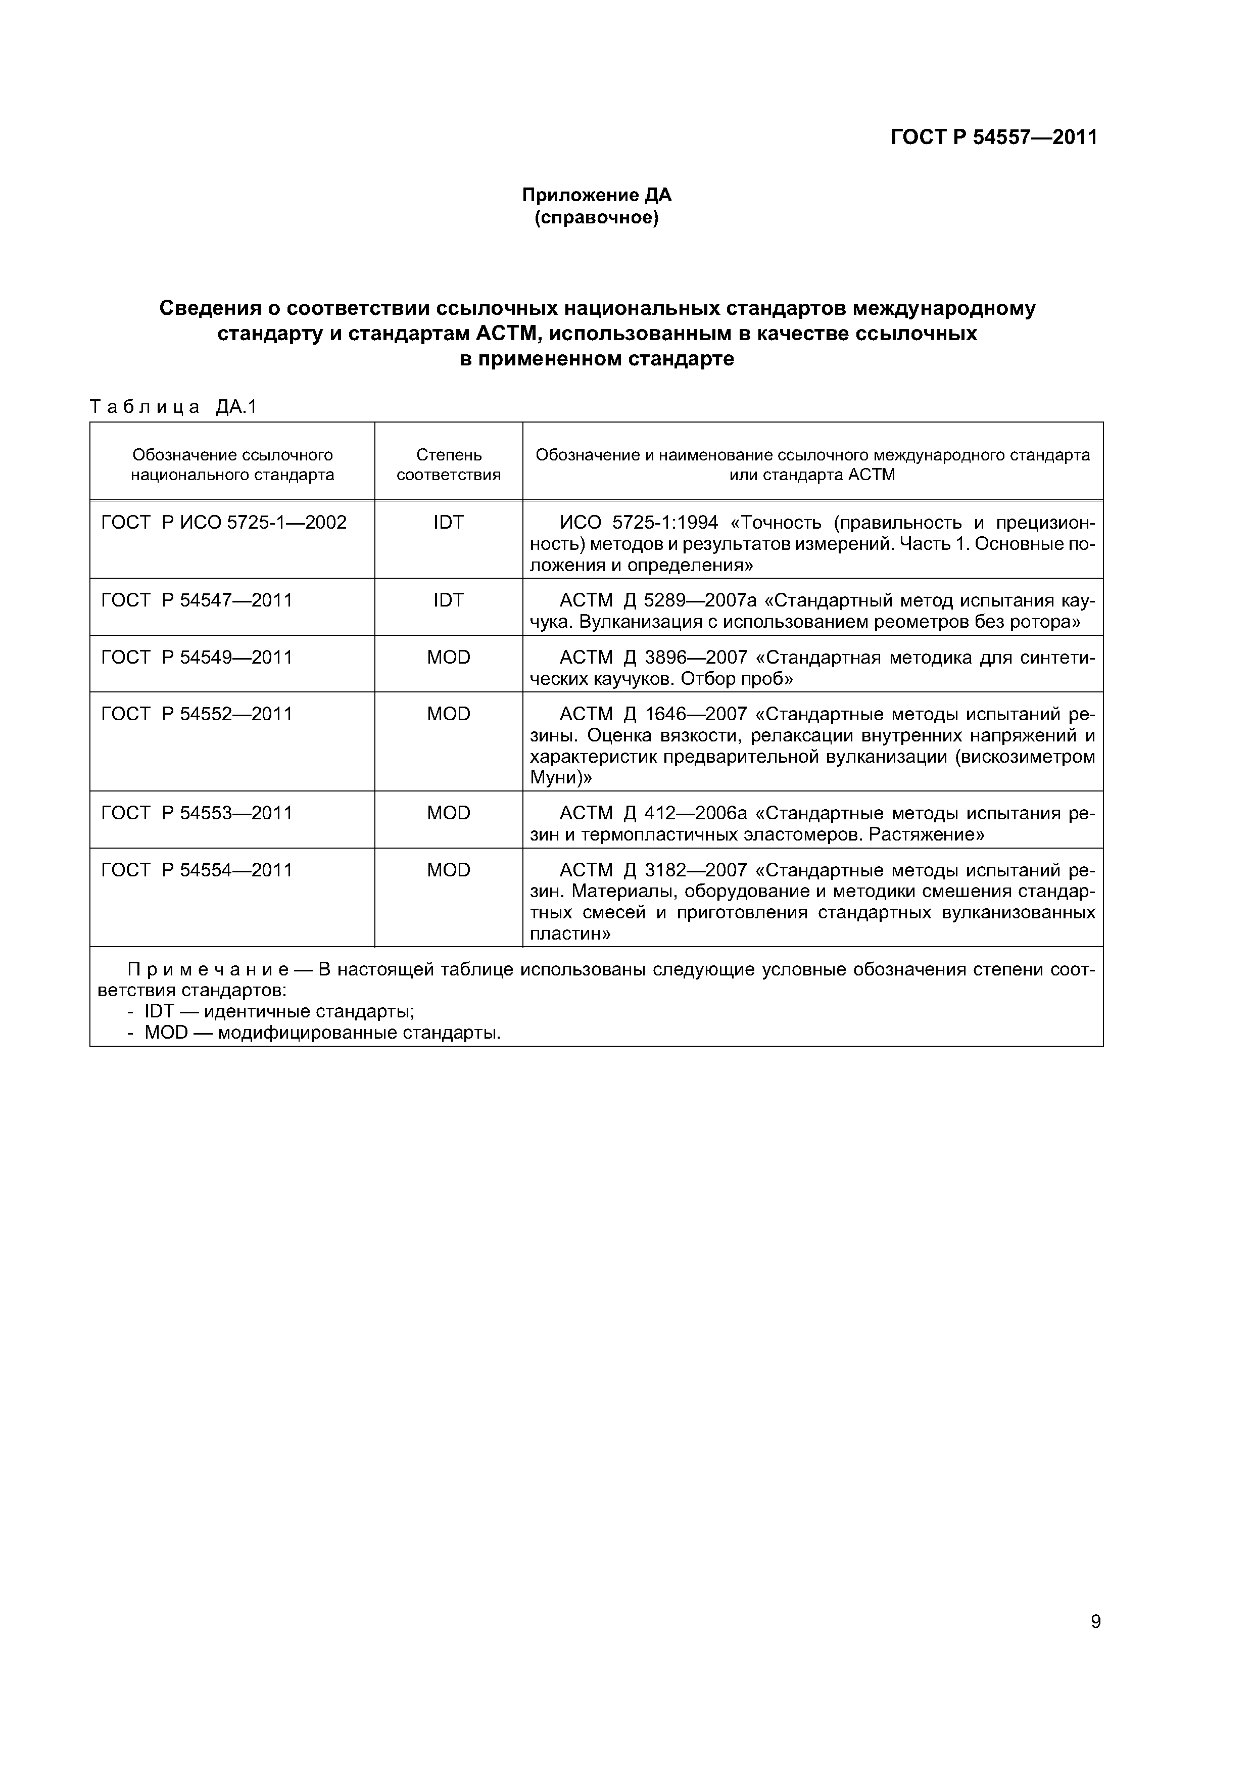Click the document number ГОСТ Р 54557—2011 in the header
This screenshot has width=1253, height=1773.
click(x=994, y=137)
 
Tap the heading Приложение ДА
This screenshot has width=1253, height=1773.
click(x=597, y=196)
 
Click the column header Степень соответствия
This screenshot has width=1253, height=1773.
click(x=449, y=464)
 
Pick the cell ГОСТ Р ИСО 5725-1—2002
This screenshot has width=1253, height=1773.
click(x=224, y=523)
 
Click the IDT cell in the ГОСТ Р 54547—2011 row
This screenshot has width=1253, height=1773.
click(x=449, y=600)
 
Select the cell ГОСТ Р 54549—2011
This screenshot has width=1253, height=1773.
click(x=197, y=657)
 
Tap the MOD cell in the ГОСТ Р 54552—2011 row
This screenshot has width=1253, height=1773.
click(x=449, y=714)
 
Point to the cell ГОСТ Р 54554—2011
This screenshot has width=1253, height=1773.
click(x=197, y=870)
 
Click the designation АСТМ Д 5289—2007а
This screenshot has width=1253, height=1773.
click(x=653, y=600)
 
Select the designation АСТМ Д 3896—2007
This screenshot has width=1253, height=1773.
click(x=653, y=657)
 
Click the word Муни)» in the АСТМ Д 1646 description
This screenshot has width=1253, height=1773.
click(x=560, y=778)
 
